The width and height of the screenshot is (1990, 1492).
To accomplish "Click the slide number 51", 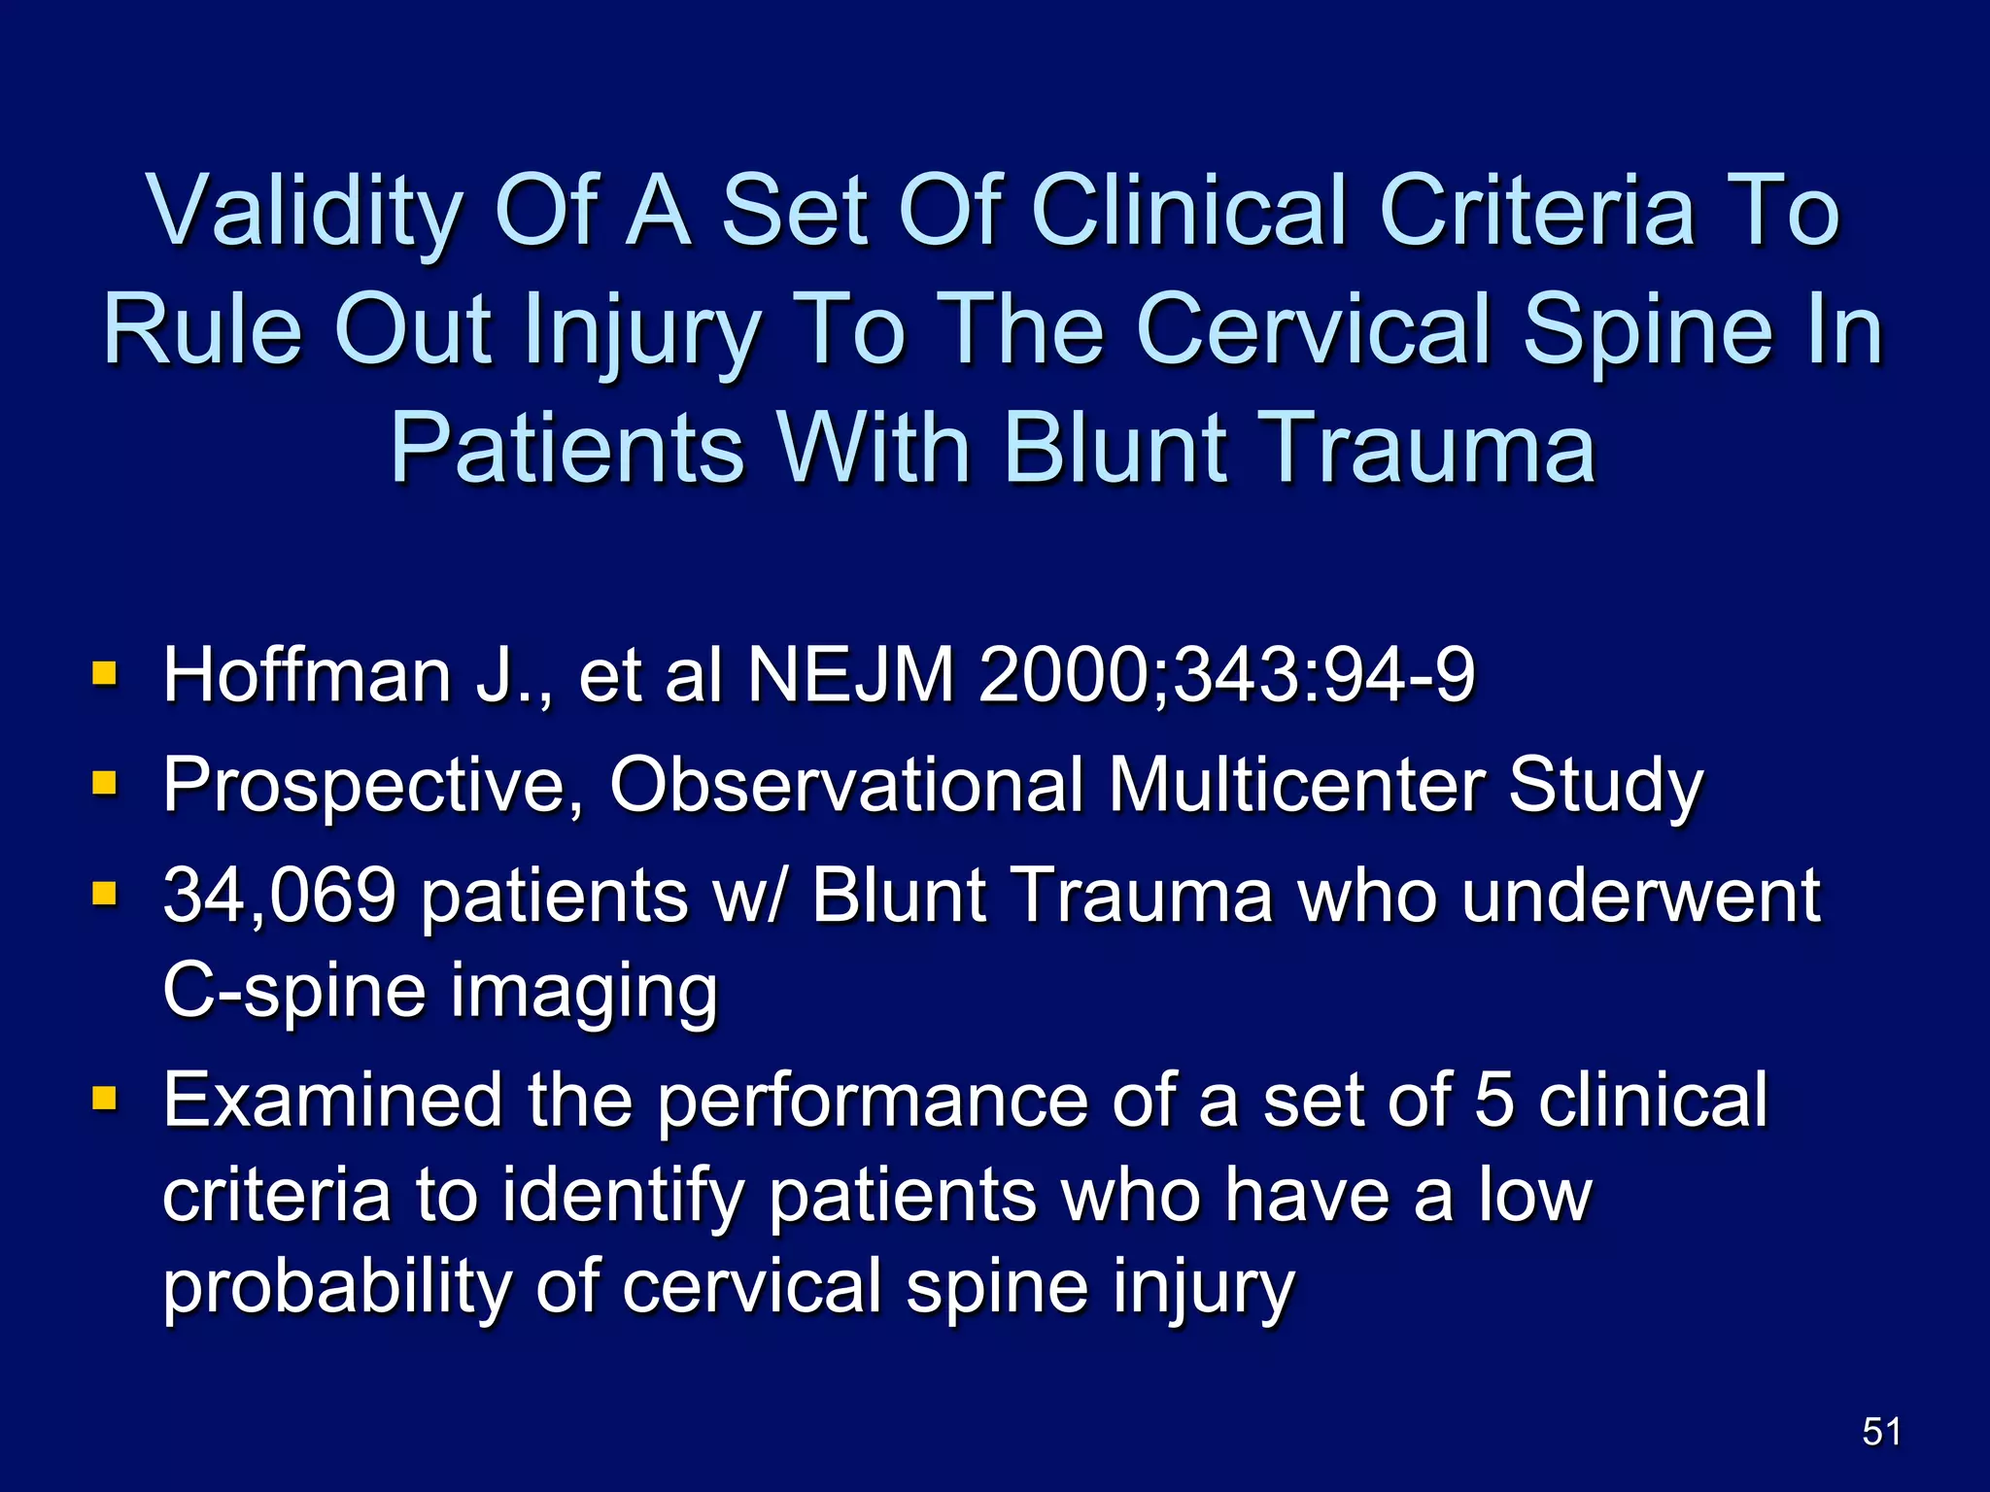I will tap(1881, 1432).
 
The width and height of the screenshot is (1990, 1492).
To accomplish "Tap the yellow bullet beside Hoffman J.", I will tap(104, 673).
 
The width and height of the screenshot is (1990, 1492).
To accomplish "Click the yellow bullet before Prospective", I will tap(104, 783).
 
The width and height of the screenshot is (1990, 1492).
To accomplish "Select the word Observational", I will tap(845, 785).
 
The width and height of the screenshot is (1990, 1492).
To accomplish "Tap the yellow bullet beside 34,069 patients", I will tap(104, 893).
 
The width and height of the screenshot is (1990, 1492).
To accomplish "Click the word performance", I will tap(873, 1102).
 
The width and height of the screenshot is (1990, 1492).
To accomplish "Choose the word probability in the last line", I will tap(336, 1287).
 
